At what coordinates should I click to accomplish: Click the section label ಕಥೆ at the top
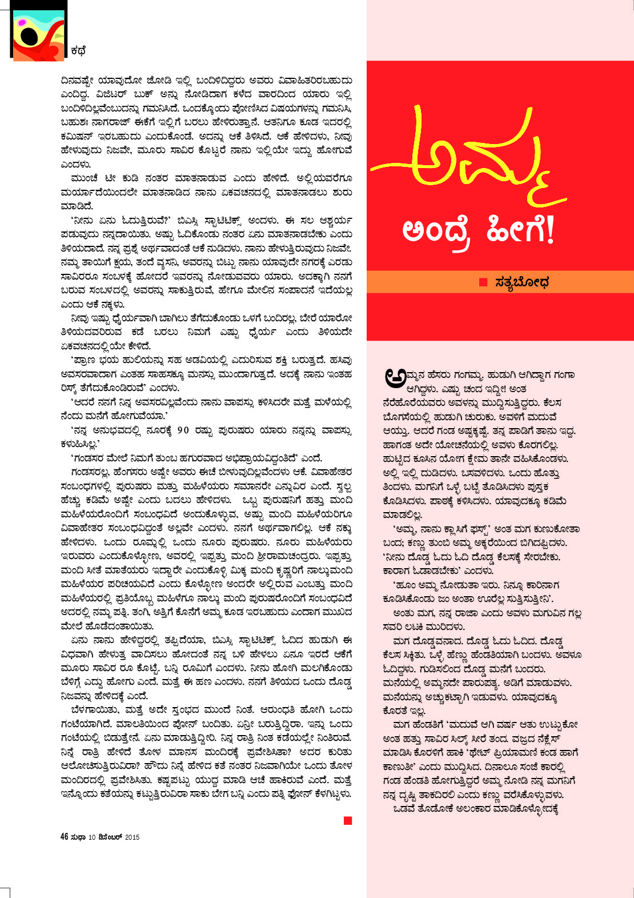tap(78, 51)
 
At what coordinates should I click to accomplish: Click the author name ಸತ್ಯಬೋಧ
tap(522, 282)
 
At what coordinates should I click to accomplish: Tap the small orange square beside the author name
tap(483, 282)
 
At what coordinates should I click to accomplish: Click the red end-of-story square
tap(348, 821)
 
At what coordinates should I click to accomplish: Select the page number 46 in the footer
tap(65, 837)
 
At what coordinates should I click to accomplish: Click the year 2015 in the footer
tap(132, 837)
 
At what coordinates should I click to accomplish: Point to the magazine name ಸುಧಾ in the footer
tap(78, 837)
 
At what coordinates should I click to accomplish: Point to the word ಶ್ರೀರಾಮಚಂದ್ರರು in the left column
tap(291, 557)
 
